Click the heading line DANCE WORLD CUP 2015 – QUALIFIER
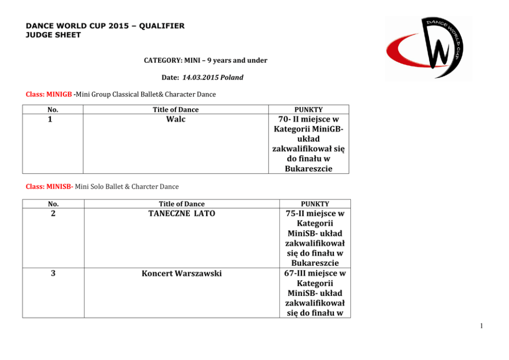point(105,26)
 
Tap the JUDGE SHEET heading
point(53,35)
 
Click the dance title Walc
point(175,119)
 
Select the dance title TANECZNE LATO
point(182,213)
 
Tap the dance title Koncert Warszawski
point(182,273)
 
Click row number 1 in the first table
point(53,119)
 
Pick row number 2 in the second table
point(53,213)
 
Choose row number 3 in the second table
point(53,273)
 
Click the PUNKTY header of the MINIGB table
point(308,109)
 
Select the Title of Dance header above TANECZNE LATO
point(182,204)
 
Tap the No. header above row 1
point(53,109)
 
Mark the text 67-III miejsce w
point(315,273)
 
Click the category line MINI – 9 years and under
point(205,61)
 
